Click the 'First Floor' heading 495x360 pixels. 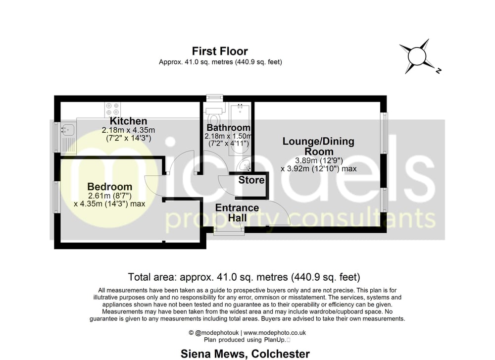(x=220, y=51)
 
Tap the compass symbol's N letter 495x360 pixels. (x=438, y=71)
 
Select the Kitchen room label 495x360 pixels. (x=129, y=121)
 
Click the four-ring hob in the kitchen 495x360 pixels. (x=113, y=109)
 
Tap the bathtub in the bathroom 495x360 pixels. (x=240, y=128)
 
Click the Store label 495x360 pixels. (x=251, y=180)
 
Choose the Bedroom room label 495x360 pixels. (x=109, y=187)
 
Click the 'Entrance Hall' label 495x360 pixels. (x=237, y=212)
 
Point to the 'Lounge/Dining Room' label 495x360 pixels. (x=318, y=146)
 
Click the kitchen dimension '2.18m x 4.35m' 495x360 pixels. (x=128, y=130)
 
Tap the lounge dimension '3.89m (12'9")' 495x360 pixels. (x=319, y=160)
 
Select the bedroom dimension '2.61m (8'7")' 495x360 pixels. (x=109, y=196)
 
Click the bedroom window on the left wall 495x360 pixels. (x=57, y=197)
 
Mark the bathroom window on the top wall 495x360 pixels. (x=214, y=98)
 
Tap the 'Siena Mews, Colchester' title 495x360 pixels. (x=245, y=354)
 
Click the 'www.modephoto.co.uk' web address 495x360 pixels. (x=275, y=333)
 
